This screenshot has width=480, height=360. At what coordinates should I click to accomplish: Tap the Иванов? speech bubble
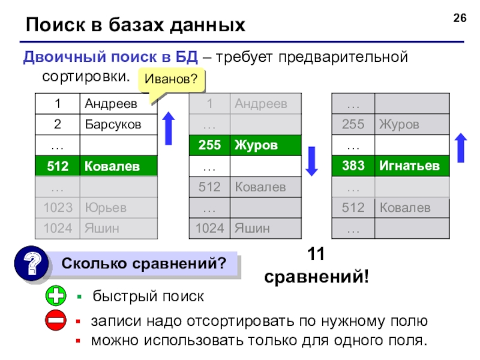click(170, 80)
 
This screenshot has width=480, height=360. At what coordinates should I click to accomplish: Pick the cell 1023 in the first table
click(58, 208)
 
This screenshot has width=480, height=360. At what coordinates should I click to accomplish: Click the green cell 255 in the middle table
click(209, 146)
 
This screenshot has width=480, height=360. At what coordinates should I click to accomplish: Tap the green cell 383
click(353, 166)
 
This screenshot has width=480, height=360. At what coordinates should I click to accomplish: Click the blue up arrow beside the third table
click(461, 147)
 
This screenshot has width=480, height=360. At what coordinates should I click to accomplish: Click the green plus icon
click(55, 296)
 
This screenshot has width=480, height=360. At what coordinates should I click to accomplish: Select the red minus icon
click(55, 322)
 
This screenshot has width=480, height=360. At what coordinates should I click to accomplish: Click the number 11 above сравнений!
click(316, 255)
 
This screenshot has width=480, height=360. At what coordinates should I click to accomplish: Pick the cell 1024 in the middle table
click(209, 229)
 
